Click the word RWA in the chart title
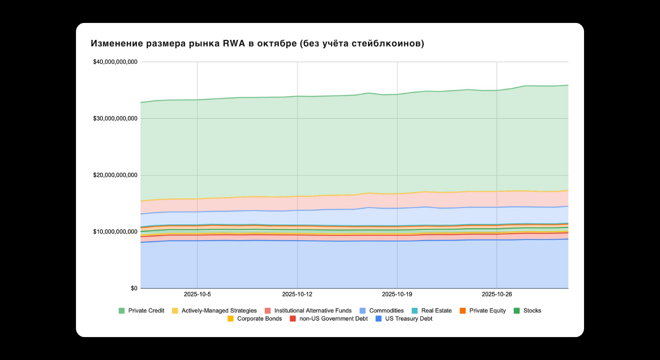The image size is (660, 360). (x=231, y=44)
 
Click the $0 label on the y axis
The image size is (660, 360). (x=134, y=288)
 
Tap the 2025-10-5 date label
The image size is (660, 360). (x=197, y=294)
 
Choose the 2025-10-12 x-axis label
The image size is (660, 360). (x=297, y=294)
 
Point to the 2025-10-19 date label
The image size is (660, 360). (x=397, y=294)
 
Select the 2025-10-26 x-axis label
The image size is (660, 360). (x=497, y=294)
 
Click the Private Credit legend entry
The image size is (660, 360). (x=146, y=310)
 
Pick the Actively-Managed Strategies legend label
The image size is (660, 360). (x=219, y=310)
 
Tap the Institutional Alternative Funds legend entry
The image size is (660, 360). (x=313, y=310)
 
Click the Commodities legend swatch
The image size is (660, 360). (x=363, y=310)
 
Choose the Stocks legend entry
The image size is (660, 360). (x=532, y=310)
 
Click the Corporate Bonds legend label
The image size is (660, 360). (x=259, y=319)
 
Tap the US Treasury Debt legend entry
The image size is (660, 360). (x=408, y=319)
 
